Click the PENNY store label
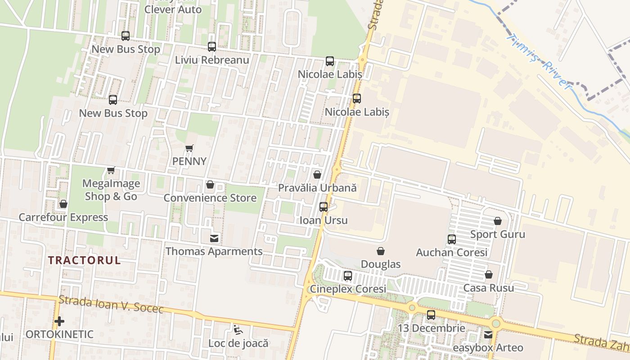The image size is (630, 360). point(189,161)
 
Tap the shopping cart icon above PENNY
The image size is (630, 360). point(189,148)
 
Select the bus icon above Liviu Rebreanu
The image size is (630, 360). point(212,46)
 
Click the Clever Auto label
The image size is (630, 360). point(173,9)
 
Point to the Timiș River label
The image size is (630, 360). point(538,61)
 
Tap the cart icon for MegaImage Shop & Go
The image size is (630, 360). point(111,171)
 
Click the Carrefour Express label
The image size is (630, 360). point(63,217)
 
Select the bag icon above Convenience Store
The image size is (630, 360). point(210,185)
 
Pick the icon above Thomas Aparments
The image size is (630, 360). point(214,238)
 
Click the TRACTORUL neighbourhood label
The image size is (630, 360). point(85,260)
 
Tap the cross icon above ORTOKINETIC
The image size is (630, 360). point(59,321)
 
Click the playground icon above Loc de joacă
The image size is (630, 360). point(238,330)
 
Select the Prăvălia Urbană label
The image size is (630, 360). point(317,188)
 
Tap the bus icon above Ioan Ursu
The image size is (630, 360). point(324,207)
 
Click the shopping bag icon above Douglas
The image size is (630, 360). point(381,251)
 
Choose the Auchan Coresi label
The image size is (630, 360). point(452,252)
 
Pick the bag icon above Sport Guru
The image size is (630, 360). point(498,221)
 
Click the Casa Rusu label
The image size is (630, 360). point(489,288)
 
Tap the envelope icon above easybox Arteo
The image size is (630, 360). point(488,335)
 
